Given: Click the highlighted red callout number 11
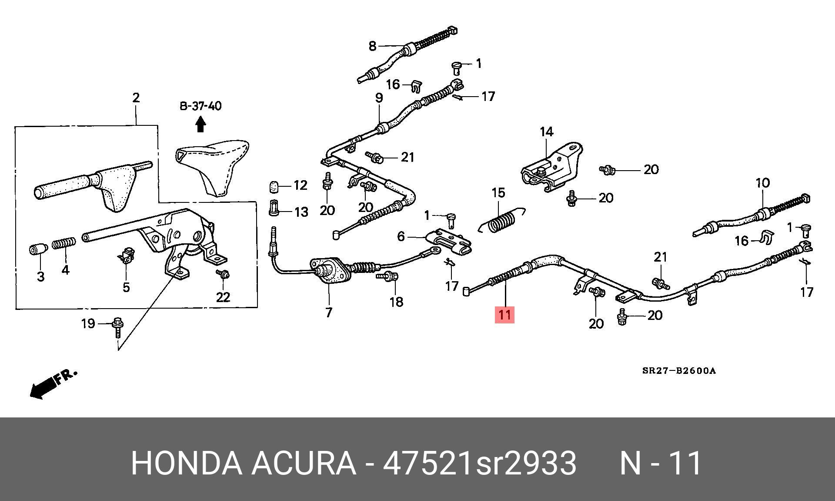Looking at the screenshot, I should click(x=504, y=314).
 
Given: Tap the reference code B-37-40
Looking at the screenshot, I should click(x=200, y=106).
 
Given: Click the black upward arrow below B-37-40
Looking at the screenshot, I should click(x=200, y=125).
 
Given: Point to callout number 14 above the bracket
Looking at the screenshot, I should click(x=546, y=131).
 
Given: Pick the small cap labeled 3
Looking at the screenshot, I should click(x=38, y=250).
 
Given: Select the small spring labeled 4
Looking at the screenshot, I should click(x=64, y=243).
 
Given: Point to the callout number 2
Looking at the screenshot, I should click(x=136, y=98).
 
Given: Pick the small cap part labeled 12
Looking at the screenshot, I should click(x=273, y=187).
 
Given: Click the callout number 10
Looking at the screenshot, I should click(x=762, y=183).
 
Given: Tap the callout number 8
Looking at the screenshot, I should click(x=372, y=46).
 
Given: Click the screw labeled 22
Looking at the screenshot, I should click(x=224, y=275).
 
